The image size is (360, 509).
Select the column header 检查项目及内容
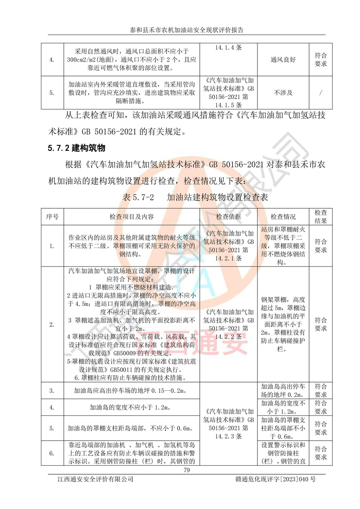[132, 216]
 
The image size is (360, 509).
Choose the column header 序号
[52, 216]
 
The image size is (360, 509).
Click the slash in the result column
[320, 93]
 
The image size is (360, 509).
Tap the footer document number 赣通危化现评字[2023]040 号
[275, 479]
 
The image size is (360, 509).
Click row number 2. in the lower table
[52, 324]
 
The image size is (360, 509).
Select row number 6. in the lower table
[52, 453]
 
